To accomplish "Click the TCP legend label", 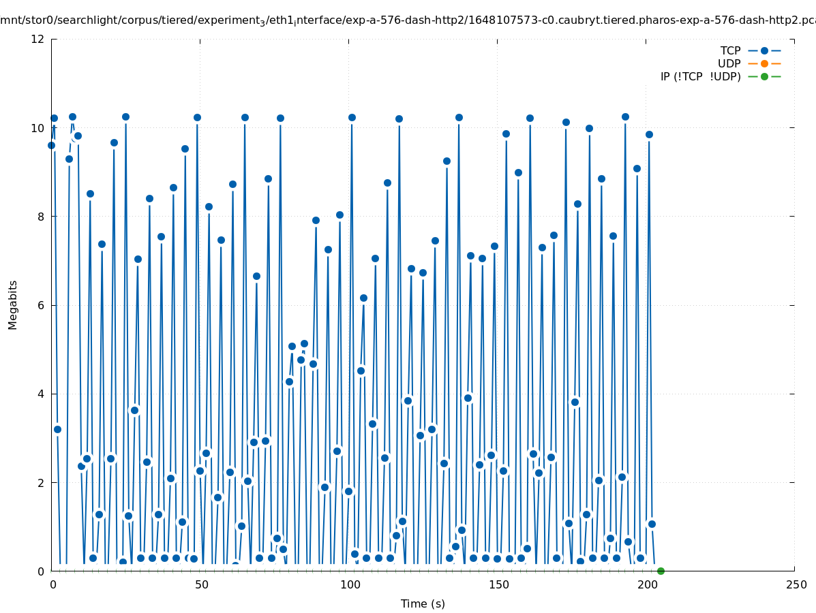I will (730, 50).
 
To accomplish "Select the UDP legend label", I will (729, 63).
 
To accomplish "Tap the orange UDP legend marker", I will (764, 63).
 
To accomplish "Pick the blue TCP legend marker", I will (764, 50).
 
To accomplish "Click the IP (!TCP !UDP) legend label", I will (700, 76).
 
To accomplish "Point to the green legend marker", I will (764, 76).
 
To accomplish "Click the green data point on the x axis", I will (661, 571).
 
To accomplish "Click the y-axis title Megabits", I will (13, 304).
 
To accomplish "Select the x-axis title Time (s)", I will (423, 603).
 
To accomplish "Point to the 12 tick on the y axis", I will (38, 39).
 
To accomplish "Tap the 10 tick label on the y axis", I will (38, 128).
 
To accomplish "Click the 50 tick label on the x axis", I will (201, 584).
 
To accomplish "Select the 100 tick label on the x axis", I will (350, 584).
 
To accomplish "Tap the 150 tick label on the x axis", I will (498, 584).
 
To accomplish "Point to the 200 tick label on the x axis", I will (647, 584).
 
